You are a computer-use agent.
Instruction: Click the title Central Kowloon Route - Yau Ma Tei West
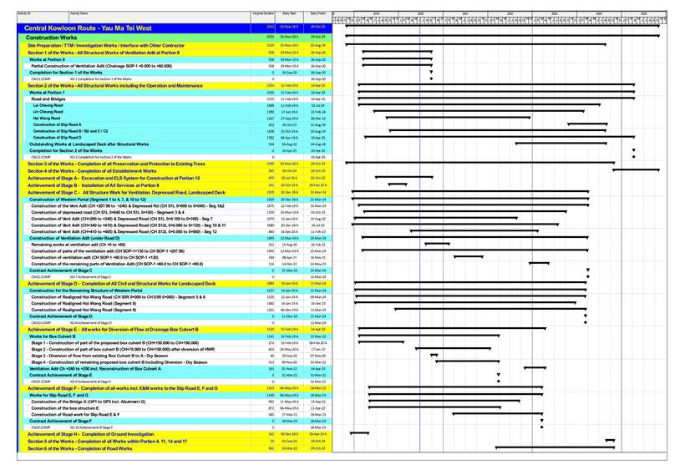[x=89, y=28]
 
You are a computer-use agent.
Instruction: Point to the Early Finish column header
[x=317, y=14]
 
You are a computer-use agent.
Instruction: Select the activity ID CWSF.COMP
[x=40, y=427]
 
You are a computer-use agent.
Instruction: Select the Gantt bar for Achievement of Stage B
[x=398, y=184]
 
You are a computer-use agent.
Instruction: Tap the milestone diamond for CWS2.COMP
[x=634, y=156]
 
